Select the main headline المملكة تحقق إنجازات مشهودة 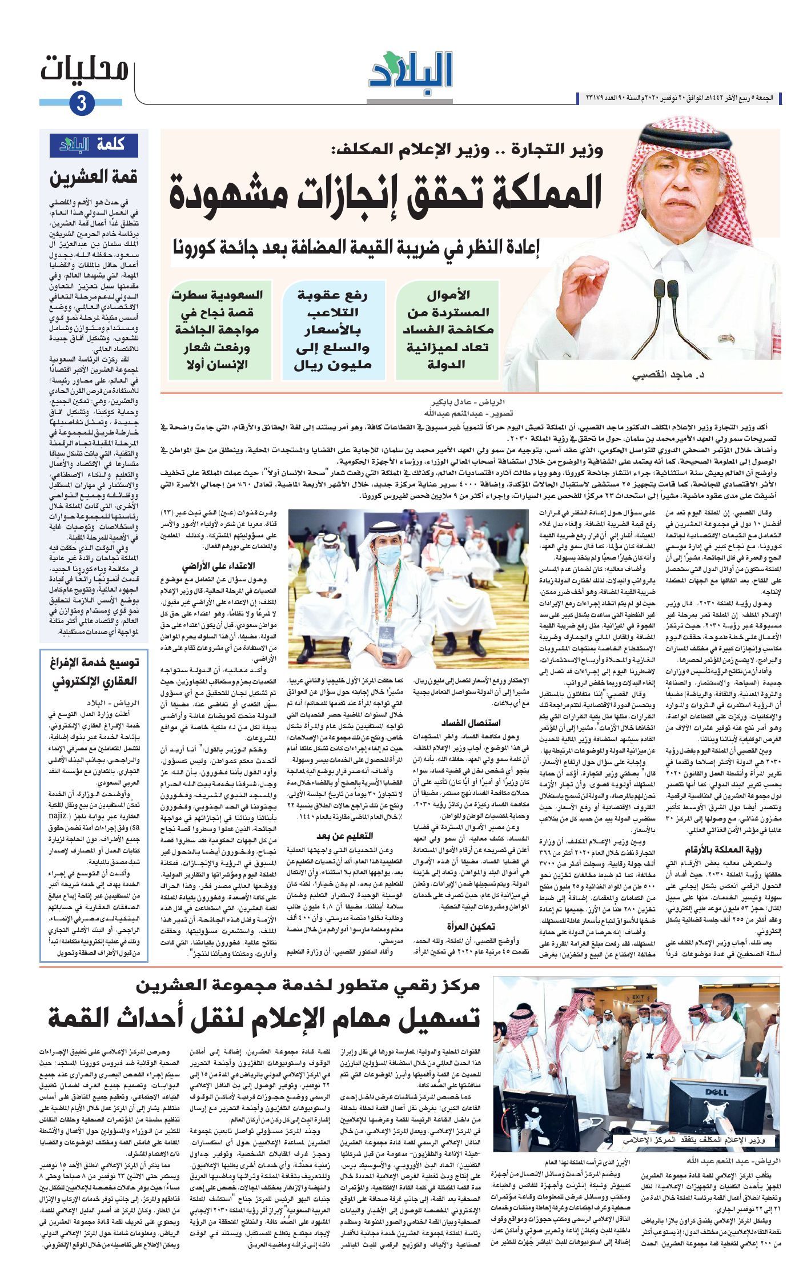point(386,195)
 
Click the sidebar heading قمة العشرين point(94,178)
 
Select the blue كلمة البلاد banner point(94,144)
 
